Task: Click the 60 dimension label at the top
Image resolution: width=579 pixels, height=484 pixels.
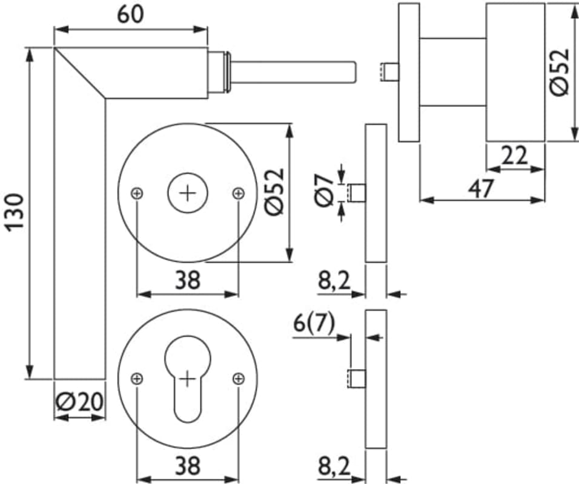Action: [130, 14]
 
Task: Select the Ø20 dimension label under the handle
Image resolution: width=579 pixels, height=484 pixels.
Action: [79, 402]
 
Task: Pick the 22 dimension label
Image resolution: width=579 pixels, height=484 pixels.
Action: [515, 157]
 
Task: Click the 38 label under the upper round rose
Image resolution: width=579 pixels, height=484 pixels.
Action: [188, 280]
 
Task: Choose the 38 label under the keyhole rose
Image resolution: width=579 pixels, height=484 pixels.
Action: [188, 466]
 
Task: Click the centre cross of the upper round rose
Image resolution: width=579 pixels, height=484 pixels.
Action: [188, 193]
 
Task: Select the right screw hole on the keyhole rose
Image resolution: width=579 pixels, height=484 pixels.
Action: [239, 379]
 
